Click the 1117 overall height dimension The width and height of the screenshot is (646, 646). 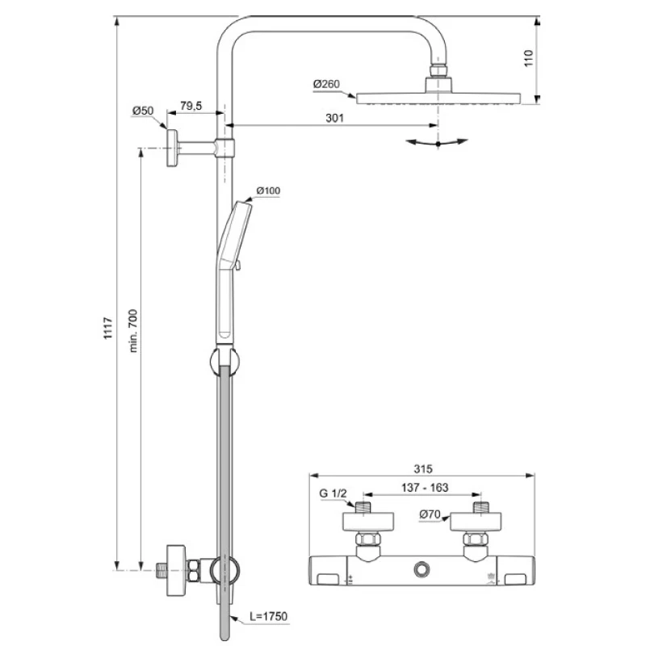pos(108,328)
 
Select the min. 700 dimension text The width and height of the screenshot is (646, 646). pos(133,331)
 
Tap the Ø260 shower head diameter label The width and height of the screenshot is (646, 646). pos(326,84)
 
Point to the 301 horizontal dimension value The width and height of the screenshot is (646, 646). pos(334,118)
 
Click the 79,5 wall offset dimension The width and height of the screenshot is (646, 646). pos(191,107)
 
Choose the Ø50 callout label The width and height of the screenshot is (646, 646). pos(143,111)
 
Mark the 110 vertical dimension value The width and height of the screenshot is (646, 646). pos(528,58)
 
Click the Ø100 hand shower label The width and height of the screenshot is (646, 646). pos(268,191)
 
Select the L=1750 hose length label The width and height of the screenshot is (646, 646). pos(269,616)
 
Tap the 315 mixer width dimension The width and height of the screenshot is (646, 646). pos(423,469)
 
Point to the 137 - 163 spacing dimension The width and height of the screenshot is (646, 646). pos(425,488)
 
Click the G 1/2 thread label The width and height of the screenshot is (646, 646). pos(333,493)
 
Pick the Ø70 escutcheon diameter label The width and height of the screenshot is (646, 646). pos(430,514)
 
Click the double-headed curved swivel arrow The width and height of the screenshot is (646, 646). pos(437,143)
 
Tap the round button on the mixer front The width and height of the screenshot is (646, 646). pos(422,569)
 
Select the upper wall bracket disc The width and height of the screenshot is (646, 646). pos(172,148)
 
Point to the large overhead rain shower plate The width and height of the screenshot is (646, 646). pos(438,99)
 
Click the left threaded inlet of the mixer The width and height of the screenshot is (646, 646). pos(363,507)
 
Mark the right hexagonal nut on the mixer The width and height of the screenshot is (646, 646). pos(476,539)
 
